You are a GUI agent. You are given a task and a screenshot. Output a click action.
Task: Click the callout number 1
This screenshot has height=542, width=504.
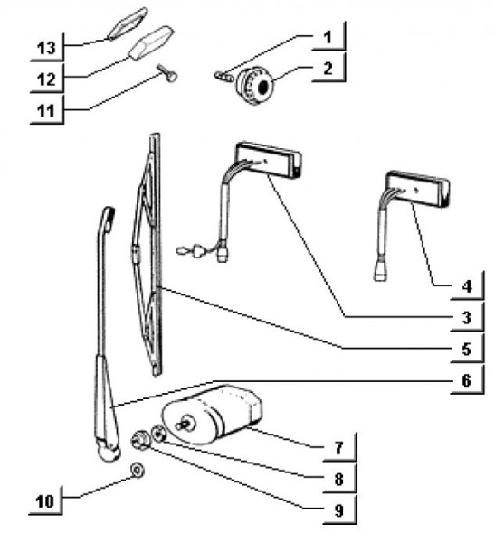point(328,37)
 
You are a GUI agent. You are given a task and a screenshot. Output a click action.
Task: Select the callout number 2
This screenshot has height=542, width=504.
point(328,69)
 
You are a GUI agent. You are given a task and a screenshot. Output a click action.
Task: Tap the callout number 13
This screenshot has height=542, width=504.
point(47,48)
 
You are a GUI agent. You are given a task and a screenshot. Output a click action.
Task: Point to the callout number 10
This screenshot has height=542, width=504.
point(45,500)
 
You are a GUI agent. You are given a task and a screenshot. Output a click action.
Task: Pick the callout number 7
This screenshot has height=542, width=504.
point(338,448)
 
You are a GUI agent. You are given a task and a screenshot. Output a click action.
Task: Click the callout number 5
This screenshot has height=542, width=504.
point(467,349)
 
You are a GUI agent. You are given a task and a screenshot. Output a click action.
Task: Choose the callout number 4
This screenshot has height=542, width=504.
point(467,286)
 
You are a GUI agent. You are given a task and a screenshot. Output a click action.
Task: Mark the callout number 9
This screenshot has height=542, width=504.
point(339,510)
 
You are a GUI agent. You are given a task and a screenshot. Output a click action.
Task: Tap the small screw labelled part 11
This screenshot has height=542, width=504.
point(167,73)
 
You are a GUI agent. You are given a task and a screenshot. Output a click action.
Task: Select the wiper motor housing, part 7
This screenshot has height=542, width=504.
point(212,414)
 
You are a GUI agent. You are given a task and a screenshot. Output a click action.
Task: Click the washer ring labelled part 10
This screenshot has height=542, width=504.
point(138,471)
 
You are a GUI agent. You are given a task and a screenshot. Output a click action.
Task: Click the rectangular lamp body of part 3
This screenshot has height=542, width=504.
point(268,161)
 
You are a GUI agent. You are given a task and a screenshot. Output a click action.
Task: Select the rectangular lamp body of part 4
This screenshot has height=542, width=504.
point(418,189)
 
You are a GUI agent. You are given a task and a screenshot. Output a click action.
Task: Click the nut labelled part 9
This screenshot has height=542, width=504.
point(140,440)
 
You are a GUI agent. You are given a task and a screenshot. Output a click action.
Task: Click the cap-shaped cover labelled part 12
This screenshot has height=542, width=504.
point(151,42)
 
